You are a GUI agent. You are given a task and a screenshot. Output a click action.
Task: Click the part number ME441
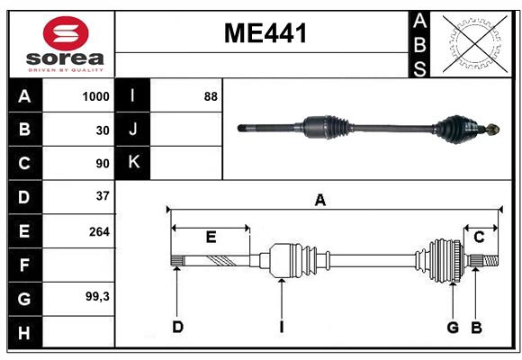[x=265, y=33]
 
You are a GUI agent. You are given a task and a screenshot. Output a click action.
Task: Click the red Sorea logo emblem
[x=66, y=34]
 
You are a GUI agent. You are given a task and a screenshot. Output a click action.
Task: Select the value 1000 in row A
[x=95, y=96]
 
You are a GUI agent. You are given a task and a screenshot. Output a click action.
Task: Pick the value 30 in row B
[x=102, y=130]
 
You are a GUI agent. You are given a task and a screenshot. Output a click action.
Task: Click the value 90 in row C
[x=102, y=164]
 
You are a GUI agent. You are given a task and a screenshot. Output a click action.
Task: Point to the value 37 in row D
[x=102, y=196]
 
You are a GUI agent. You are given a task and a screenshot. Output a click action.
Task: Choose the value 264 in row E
[x=98, y=231]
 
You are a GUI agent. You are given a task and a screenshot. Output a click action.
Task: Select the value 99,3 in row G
[x=96, y=296]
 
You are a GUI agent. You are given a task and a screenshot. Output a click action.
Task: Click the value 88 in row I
[x=211, y=96]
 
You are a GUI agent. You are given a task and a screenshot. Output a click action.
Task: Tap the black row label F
[x=24, y=265]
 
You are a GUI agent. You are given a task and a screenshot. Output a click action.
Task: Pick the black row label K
[x=133, y=163]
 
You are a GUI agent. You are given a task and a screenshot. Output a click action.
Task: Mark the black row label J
[x=133, y=130]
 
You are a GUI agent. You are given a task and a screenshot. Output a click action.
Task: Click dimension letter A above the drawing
[x=319, y=201]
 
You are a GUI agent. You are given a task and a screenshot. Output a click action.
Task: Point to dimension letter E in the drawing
[x=211, y=238]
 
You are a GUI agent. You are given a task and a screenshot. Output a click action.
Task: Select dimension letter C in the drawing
[x=479, y=237]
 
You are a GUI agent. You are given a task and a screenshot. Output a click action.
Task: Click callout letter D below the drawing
[x=177, y=327]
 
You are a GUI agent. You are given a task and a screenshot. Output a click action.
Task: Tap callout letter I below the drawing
[x=281, y=327]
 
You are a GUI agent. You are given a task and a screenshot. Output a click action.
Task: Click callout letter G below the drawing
[x=453, y=327]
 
